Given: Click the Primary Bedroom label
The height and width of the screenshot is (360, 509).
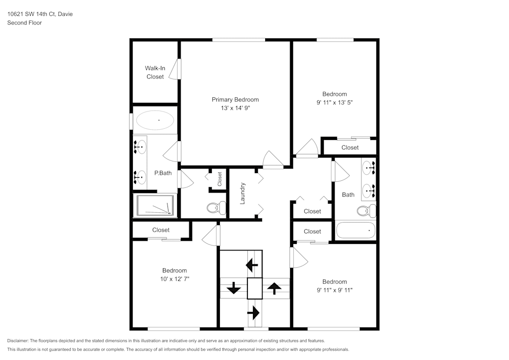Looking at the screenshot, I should click(x=235, y=100).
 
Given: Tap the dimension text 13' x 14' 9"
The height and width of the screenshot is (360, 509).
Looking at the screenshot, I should click(x=235, y=108).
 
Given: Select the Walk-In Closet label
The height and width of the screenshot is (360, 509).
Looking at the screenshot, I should click(x=155, y=72).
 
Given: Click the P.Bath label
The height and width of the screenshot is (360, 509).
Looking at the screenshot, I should click(x=163, y=173).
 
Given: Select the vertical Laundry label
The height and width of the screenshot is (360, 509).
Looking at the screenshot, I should click(x=243, y=193).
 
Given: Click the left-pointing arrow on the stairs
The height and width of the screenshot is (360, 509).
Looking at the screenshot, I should click(x=252, y=264).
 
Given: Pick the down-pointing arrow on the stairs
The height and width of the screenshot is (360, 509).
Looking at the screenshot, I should click(x=234, y=289).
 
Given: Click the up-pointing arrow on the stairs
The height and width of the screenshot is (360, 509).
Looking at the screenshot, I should click(x=274, y=289).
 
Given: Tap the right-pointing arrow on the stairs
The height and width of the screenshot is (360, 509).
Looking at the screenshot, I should click(x=253, y=311).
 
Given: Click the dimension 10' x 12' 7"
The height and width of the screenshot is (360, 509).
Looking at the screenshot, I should click(x=174, y=279).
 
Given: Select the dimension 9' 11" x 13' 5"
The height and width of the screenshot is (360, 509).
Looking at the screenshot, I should click(x=334, y=102).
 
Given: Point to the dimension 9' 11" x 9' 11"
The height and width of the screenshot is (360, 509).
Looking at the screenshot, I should click(x=334, y=290).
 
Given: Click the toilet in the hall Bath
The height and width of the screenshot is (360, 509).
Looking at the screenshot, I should click(x=365, y=210).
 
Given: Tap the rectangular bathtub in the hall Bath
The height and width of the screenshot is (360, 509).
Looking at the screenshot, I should click(x=356, y=230).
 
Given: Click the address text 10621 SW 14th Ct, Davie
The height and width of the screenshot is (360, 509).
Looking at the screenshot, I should click(x=40, y=14).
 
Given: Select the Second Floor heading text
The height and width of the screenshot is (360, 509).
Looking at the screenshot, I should click(x=24, y=23).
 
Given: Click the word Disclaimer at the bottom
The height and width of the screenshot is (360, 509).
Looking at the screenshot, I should click(x=18, y=341).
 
